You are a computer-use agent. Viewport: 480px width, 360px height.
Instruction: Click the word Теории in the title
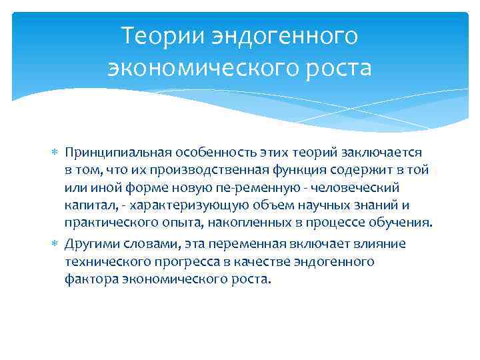pos(161,35)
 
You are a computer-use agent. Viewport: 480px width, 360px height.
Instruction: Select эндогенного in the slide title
pos(281,35)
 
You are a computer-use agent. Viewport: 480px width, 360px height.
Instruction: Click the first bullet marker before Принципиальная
pos(55,154)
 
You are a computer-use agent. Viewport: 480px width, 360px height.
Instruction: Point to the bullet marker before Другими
pos(55,244)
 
